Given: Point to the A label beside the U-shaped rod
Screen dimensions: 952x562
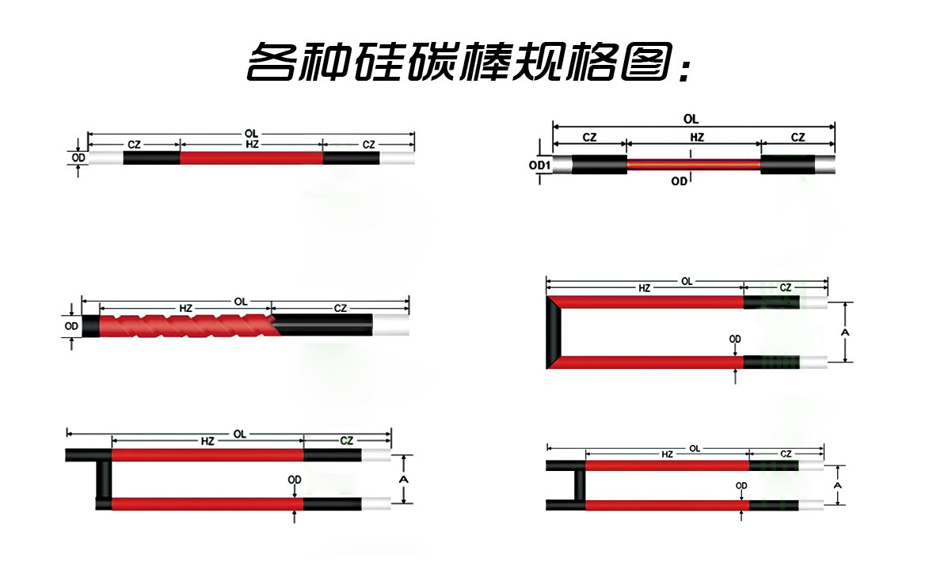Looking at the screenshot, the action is click(x=845, y=333).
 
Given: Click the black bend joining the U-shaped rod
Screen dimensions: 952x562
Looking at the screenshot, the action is click(x=555, y=332).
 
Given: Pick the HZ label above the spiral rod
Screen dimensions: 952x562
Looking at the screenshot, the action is click(x=185, y=307).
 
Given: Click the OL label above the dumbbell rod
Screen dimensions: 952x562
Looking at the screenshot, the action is click(x=691, y=119).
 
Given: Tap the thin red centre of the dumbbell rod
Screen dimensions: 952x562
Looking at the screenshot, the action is click(x=694, y=165).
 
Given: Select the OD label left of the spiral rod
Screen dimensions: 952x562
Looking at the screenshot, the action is click(x=71, y=325).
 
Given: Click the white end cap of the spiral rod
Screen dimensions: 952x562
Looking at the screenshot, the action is click(x=391, y=325).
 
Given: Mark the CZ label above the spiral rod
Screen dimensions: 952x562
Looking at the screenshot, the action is click(x=340, y=307).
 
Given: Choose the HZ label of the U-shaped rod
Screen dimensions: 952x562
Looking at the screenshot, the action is click(x=644, y=289).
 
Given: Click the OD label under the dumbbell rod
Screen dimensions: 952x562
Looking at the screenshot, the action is click(x=679, y=181).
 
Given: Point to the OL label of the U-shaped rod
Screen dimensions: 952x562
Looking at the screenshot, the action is click(x=687, y=281).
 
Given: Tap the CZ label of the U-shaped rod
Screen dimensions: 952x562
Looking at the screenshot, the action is click(x=785, y=288).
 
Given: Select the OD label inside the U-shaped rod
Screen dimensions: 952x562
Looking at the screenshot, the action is click(x=735, y=340).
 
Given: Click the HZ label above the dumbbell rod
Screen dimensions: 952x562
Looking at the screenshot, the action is click(x=696, y=137).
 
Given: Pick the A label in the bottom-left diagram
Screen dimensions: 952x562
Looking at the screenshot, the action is click(x=403, y=480).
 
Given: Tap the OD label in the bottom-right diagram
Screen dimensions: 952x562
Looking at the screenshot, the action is click(x=741, y=485).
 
